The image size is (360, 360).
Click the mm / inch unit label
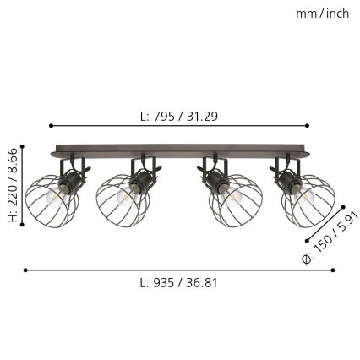[x=322, y=13]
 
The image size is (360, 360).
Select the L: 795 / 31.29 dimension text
[x=178, y=117]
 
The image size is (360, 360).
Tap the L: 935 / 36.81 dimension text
[x=178, y=283]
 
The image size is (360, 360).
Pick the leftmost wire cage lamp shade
[x=51, y=201]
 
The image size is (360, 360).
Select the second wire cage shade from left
[x=123, y=200]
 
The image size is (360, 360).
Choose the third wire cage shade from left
[x=236, y=201]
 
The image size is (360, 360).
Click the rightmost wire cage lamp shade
[x=308, y=201]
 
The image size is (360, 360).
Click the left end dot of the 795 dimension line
[x=51, y=125]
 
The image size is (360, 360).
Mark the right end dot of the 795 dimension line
[x=308, y=125]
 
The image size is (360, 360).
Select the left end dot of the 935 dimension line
[x=25, y=270]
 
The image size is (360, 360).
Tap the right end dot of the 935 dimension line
[x=333, y=270]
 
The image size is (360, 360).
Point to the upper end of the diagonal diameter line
[x=344, y=206]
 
